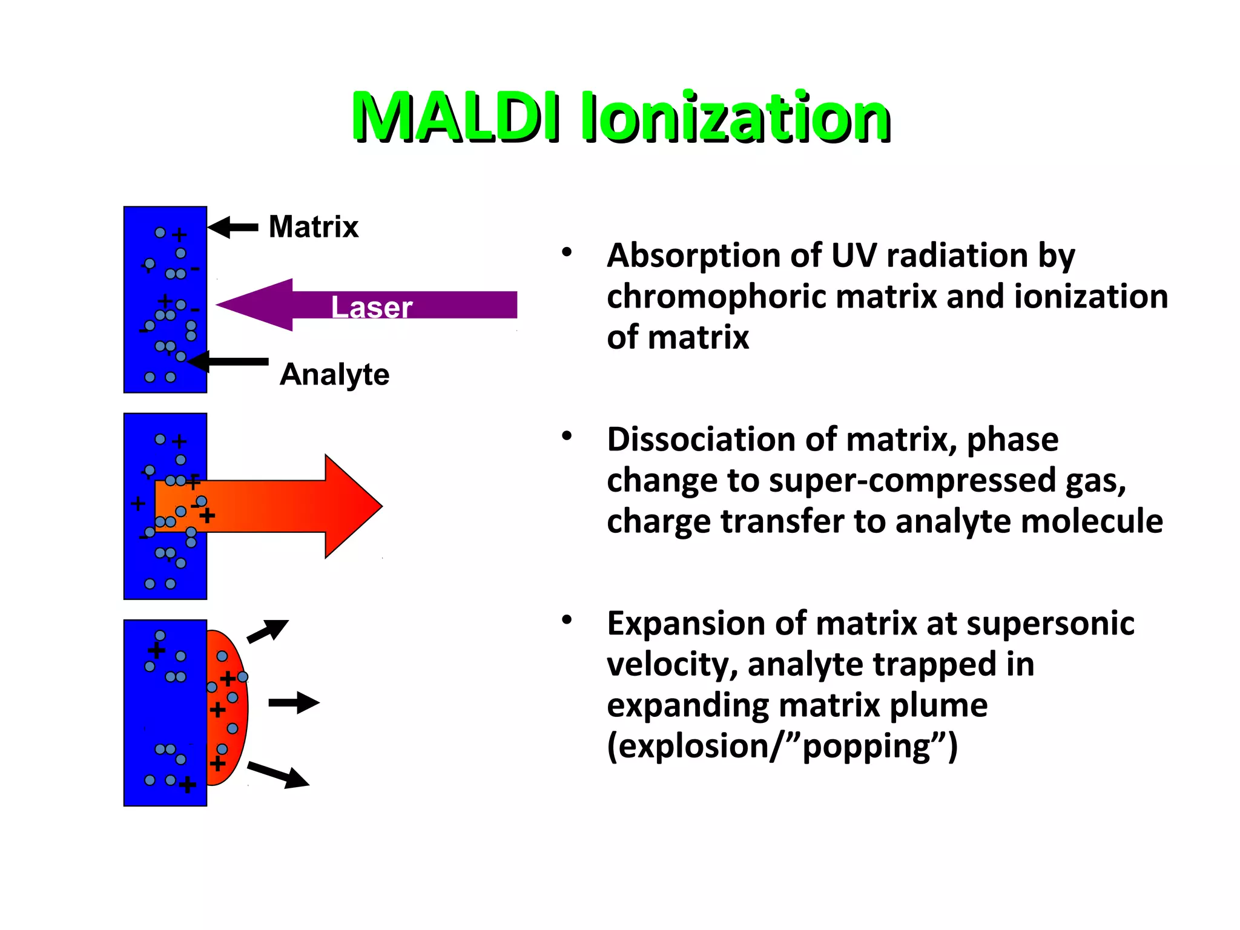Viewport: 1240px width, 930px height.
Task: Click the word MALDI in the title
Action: coord(455,116)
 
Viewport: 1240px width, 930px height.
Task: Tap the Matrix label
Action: coord(313,227)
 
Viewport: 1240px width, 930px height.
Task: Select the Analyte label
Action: coord(334,374)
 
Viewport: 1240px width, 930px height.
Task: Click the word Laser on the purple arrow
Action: coord(371,307)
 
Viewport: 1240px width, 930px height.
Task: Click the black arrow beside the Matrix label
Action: coord(233,227)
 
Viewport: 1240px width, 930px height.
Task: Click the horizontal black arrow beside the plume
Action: coord(294,703)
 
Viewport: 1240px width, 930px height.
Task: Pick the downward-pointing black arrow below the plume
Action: coord(279,774)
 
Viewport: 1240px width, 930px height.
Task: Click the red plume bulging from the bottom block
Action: coord(227,708)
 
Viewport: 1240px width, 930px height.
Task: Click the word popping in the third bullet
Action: coord(866,746)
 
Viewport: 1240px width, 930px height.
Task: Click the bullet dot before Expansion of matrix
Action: coord(567,620)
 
